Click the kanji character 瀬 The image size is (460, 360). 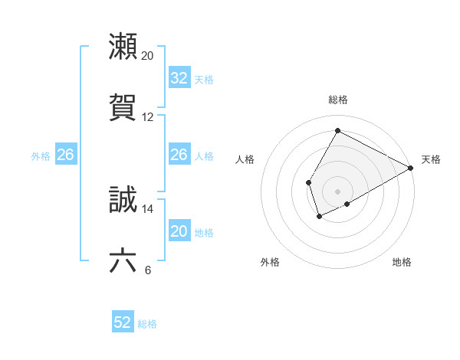pos(123,47)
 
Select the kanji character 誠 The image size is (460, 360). pos(123,200)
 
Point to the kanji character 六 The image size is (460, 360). pos(123,261)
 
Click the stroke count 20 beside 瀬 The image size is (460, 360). pos(148,56)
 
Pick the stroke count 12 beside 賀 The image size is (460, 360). pos(148,117)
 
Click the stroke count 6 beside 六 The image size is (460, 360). pos(147,270)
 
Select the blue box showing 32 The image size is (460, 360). pos(179,78)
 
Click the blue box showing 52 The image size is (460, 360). pos(123,323)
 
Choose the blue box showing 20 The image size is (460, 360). pos(179,231)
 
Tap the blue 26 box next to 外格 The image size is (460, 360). pos(65,155)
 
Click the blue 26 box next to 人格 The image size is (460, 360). pos(179,155)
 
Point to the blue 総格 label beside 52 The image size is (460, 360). pos(147,324)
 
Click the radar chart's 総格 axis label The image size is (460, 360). pos(338,100)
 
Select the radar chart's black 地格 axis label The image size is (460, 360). pos(402,262)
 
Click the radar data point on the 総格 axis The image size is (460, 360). pos(337,130)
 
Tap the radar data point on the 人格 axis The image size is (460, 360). pos(308,182)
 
